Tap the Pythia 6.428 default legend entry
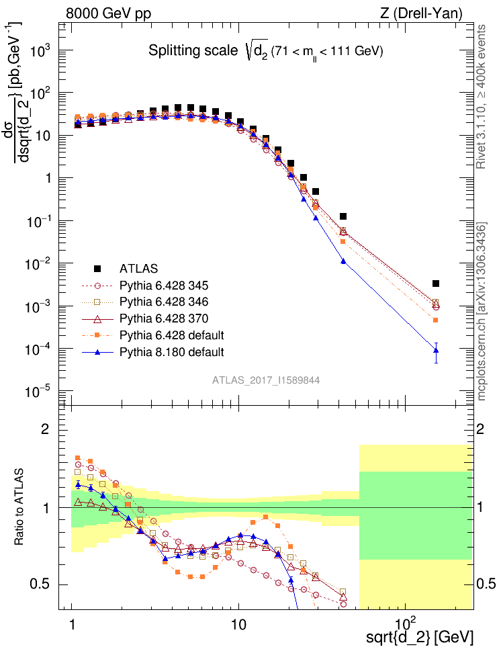coord(171,335)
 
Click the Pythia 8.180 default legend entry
coord(171,351)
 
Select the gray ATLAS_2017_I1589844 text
coord(266,380)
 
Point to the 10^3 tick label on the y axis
coord(46,51)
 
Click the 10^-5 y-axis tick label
coord(46,392)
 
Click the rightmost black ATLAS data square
coord(436,284)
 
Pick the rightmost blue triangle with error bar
coord(436,349)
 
